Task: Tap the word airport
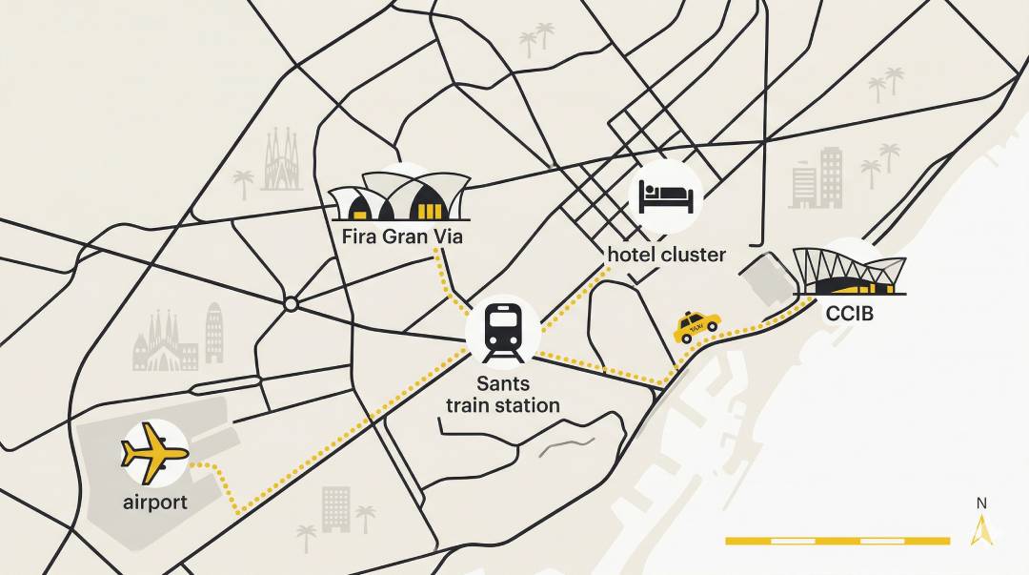click(155, 502)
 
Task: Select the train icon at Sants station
click(503, 332)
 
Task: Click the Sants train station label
click(504, 395)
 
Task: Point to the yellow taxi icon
click(696, 326)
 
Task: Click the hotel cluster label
click(666, 255)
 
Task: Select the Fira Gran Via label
click(401, 236)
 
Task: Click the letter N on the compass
click(981, 503)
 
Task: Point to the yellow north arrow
click(981, 529)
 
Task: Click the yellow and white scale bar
click(837, 541)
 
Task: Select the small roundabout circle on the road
click(291, 304)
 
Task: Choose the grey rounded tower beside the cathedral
click(214, 333)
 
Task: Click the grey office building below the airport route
click(335, 508)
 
